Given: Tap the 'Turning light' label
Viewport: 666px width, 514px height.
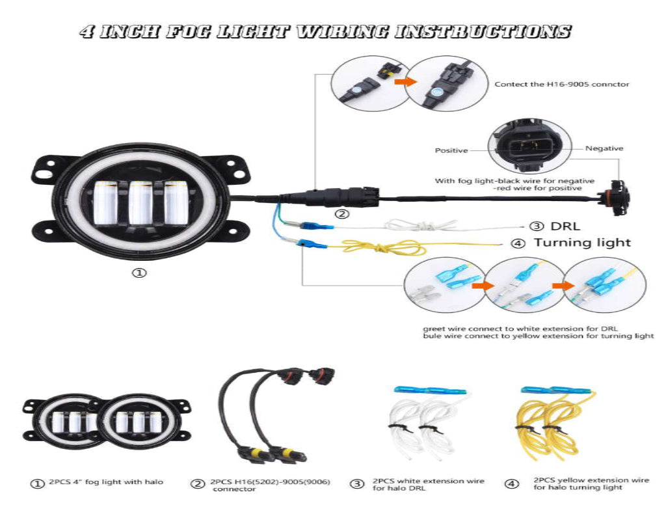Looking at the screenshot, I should [x=582, y=243].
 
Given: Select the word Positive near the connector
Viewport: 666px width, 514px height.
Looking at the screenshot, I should [x=451, y=150].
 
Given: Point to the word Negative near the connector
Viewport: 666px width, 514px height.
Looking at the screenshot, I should [x=604, y=148].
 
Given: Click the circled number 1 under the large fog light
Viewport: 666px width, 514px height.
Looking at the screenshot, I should [x=139, y=273].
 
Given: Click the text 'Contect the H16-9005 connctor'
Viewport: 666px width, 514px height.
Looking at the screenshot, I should [x=561, y=84].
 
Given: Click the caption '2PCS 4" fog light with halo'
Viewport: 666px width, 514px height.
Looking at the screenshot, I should [x=106, y=482].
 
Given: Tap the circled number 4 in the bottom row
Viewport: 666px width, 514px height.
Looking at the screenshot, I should [x=513, y=483].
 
